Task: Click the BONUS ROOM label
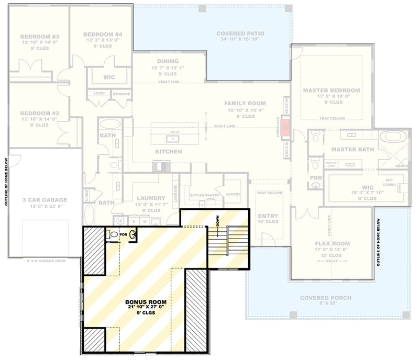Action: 146,302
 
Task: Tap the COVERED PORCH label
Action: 325,298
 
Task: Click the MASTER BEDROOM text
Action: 332,91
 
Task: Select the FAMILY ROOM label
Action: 245,104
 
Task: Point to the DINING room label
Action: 168,61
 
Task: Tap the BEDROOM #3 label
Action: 40,37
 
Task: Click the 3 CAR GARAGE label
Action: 45,200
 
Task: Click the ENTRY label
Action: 268,216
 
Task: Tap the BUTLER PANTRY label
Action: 204,195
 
